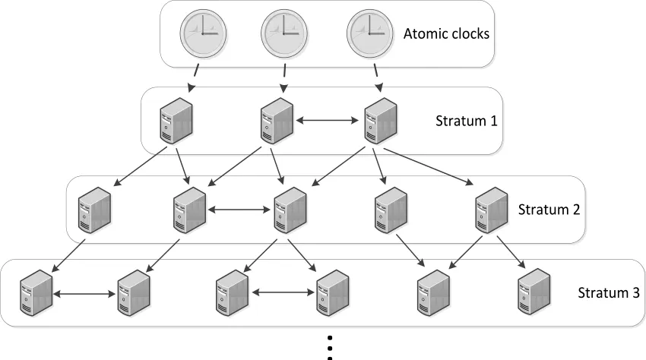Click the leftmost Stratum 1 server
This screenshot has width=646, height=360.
pos(176,121)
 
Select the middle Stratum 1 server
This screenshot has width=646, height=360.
pos(277,121)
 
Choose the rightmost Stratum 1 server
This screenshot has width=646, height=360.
pos(379,121)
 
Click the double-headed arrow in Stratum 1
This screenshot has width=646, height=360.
pos(328,119)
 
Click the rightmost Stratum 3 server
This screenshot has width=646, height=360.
pos(534,292)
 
